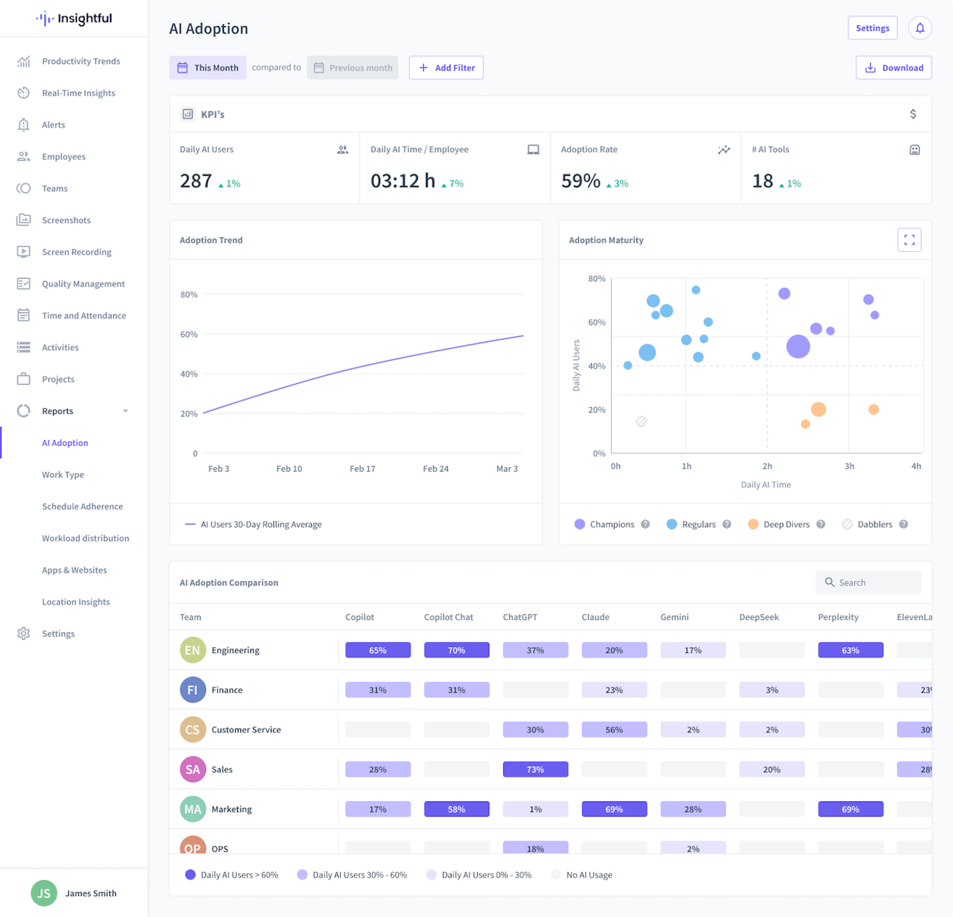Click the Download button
point(893,68)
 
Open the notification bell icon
point(919,28)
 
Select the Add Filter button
point(446,68)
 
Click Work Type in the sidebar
point(63,474)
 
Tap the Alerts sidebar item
point(53,125)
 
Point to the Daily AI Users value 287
point(195,181)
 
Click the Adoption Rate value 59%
point(581,181)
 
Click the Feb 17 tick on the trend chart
point(362,469)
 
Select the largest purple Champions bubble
point(798,346)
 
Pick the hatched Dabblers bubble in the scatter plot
point(641,421)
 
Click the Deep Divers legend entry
point(786,524)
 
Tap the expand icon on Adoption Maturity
point(909,240)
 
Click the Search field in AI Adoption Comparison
point(868,582)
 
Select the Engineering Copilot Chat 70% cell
point(456,650)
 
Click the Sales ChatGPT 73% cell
point(535,769)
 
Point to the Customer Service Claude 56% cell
point(614,730)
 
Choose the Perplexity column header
point(838,617)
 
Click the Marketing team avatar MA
point(193,809)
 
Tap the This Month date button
point(208,68)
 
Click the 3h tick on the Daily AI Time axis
point(849,466)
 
